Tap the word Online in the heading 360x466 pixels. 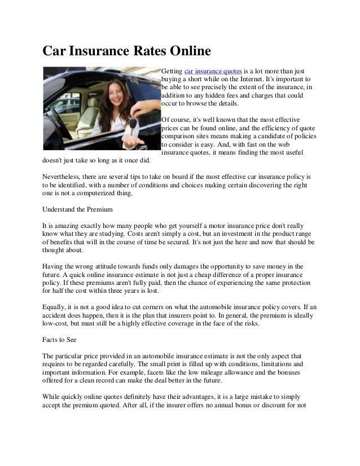(185, 52)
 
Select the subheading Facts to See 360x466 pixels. (62, 341)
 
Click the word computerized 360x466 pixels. (90, 193)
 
